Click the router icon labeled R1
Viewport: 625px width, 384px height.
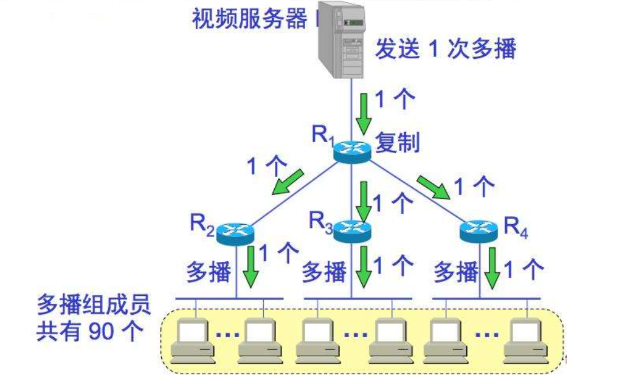click(352, 149)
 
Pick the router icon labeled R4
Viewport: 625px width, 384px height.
click(478, 230)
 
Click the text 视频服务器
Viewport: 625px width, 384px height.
click(250, 20)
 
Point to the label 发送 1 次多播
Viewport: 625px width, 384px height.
click(444, 49)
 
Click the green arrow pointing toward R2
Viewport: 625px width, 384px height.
click(289, 182)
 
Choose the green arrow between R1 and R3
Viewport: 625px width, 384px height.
click(364, 201)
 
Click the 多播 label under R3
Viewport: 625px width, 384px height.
click(324, 272)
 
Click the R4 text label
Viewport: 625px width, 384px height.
click(516, 227)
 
